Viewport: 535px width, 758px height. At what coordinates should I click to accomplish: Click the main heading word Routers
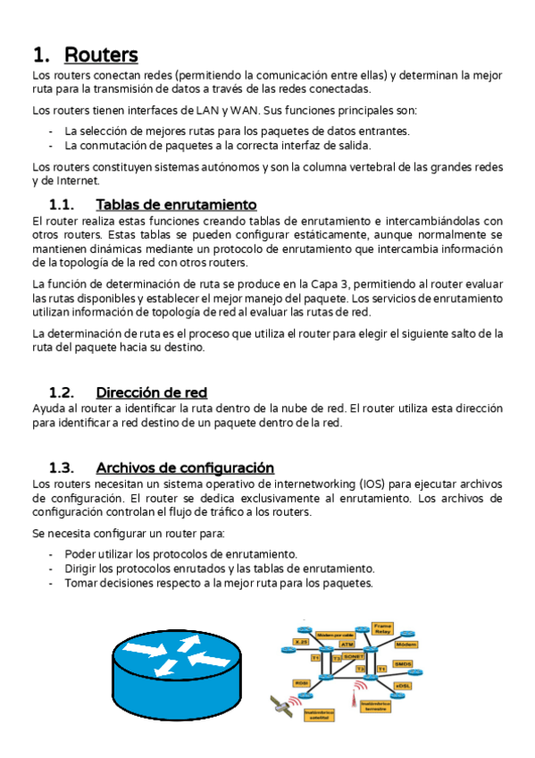tap(101, 55)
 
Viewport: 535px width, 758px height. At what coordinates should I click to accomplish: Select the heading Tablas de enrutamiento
tap(176, 205)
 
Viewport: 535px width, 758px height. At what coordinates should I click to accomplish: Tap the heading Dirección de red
tap(151, 392)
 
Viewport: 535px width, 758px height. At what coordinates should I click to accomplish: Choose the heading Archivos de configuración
tap(184, 467)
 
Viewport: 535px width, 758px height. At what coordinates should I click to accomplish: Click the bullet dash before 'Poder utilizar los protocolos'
tap(52, 554)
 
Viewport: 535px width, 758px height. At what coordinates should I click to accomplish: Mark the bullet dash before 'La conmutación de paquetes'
tap(52, 145)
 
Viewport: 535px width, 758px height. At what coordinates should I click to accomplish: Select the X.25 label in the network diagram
tap(301, 641)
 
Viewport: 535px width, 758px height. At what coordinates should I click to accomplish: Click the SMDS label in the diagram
tap(403, 664)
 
